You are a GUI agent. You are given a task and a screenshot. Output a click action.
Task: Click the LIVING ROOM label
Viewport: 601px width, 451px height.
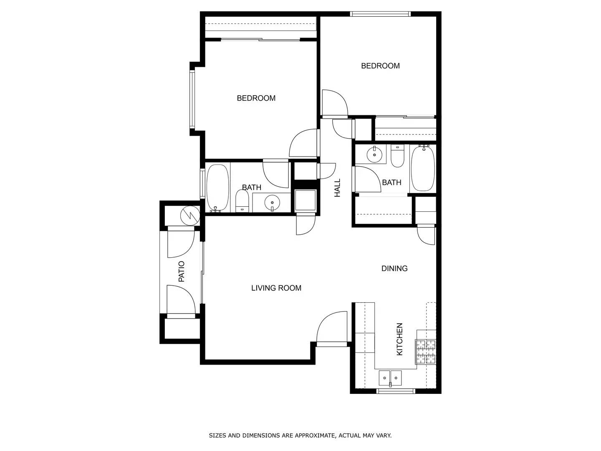pos(276,288)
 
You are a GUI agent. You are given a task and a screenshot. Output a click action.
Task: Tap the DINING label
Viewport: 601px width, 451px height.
pos(394,269)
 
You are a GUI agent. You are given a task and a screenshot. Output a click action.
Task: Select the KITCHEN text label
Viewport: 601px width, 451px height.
pos(399,339)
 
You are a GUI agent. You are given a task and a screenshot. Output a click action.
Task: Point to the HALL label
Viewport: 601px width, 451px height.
pos(337,188)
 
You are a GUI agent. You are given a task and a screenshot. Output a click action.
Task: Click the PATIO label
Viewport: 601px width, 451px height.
pos(182,271)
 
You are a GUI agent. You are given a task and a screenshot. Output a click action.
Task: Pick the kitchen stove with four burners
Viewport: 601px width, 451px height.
pos(425,351)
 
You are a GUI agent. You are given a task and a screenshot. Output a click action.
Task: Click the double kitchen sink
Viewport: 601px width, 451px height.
pos(390,378)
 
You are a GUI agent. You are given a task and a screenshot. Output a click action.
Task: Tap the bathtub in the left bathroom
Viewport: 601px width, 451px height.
pos(218,188)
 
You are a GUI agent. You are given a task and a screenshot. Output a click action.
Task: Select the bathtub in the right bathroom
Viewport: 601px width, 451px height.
pos(423,168)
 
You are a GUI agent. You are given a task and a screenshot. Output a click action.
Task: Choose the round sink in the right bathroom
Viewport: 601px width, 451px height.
pos(374,155)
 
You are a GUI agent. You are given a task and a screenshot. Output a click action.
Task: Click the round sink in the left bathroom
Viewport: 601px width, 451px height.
pos(272,203)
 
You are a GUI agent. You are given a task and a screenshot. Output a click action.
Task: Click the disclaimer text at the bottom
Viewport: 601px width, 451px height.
pos(300,436)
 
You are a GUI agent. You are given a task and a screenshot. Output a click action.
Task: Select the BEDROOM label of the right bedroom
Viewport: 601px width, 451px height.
pos(380,66)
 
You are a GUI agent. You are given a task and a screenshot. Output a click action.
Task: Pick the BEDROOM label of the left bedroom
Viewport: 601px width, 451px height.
pos(256,98)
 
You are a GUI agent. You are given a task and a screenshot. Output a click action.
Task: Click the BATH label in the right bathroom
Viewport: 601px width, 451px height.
pos(391,182)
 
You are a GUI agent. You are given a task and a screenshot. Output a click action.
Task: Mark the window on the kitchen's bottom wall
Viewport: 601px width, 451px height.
pos(396,391)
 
